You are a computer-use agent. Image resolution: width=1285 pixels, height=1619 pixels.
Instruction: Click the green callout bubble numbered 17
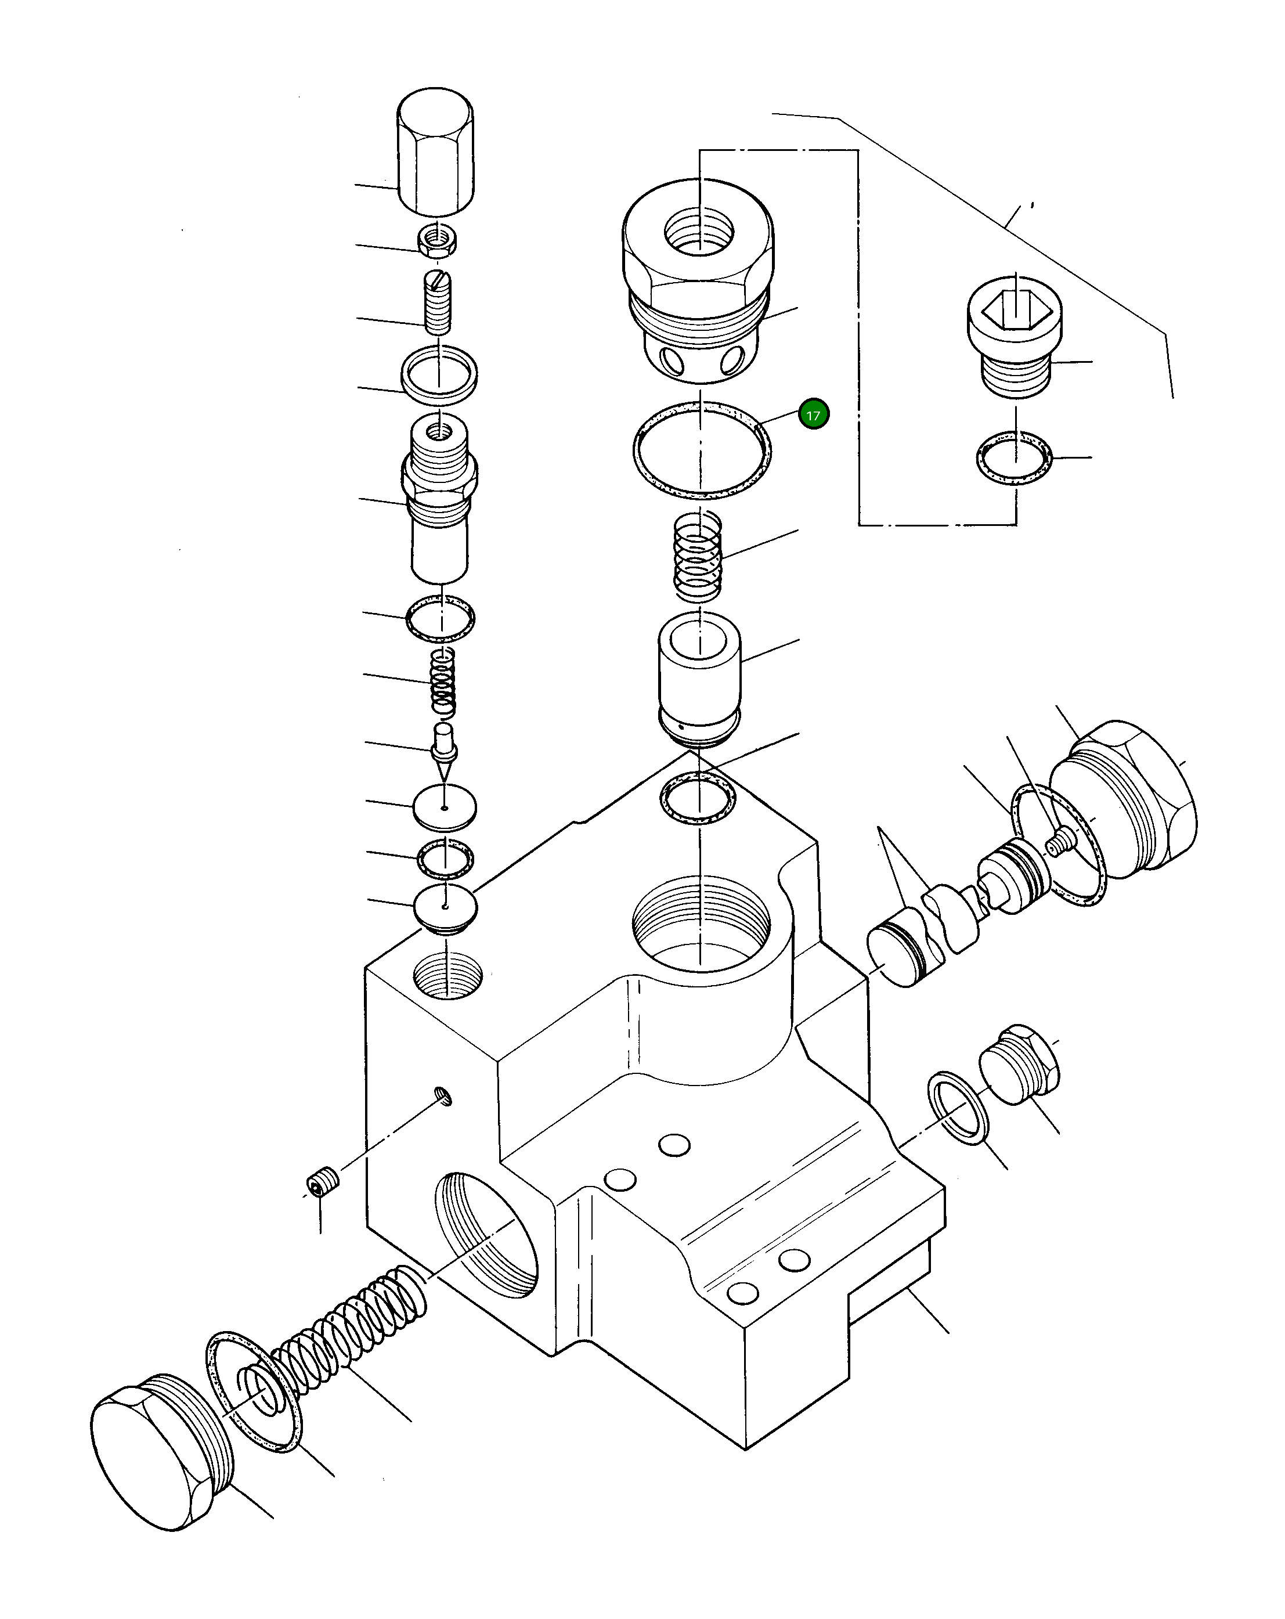(x=813, y=414)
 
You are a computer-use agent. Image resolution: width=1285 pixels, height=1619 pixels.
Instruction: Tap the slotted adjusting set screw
(x=438, y=304)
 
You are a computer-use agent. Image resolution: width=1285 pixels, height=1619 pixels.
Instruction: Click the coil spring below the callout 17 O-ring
(x=698, y=556)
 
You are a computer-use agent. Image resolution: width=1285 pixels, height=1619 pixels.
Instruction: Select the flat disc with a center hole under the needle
(x=445, y=807)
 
